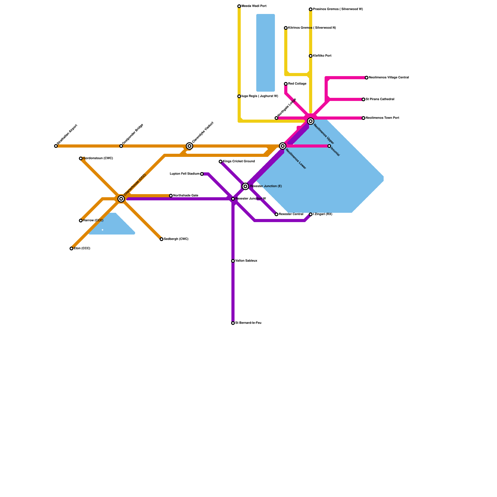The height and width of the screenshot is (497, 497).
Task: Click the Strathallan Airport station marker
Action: tap(56, 146)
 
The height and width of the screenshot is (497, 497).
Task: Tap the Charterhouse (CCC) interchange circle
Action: tap(121, 199)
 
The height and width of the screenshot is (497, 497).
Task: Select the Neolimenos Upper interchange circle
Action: tap(311, 121)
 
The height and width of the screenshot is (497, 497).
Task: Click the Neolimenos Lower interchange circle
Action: tap(283, 146)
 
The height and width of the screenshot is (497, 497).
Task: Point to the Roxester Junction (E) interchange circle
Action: tap(245, 186)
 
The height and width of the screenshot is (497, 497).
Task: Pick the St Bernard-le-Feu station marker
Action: tap(233, 323)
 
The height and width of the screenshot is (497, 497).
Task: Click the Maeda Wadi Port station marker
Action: tap(239, 6)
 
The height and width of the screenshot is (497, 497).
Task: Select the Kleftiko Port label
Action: tap(322, 56)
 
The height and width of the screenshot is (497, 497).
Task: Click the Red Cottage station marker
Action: tap(286, 84)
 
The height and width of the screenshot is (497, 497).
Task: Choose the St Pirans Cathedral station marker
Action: tap(363, 99)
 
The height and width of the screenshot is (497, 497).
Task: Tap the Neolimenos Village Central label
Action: tap(389, 78)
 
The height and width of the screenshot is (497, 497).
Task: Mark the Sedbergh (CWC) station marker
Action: tap(162, 239)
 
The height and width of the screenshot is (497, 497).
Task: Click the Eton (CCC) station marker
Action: tap(71, 248)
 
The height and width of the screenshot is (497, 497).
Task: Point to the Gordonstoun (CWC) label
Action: tap(98, 158)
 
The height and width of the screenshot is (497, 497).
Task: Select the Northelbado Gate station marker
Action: tap(171, 196)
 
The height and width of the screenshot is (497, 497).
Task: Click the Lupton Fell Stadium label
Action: tap(185, 174)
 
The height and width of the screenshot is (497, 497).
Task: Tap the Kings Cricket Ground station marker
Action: tap(221, 162)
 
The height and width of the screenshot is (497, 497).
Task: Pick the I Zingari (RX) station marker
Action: tap(311, 214)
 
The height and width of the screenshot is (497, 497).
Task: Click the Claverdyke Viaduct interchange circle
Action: tap(189, 146)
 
